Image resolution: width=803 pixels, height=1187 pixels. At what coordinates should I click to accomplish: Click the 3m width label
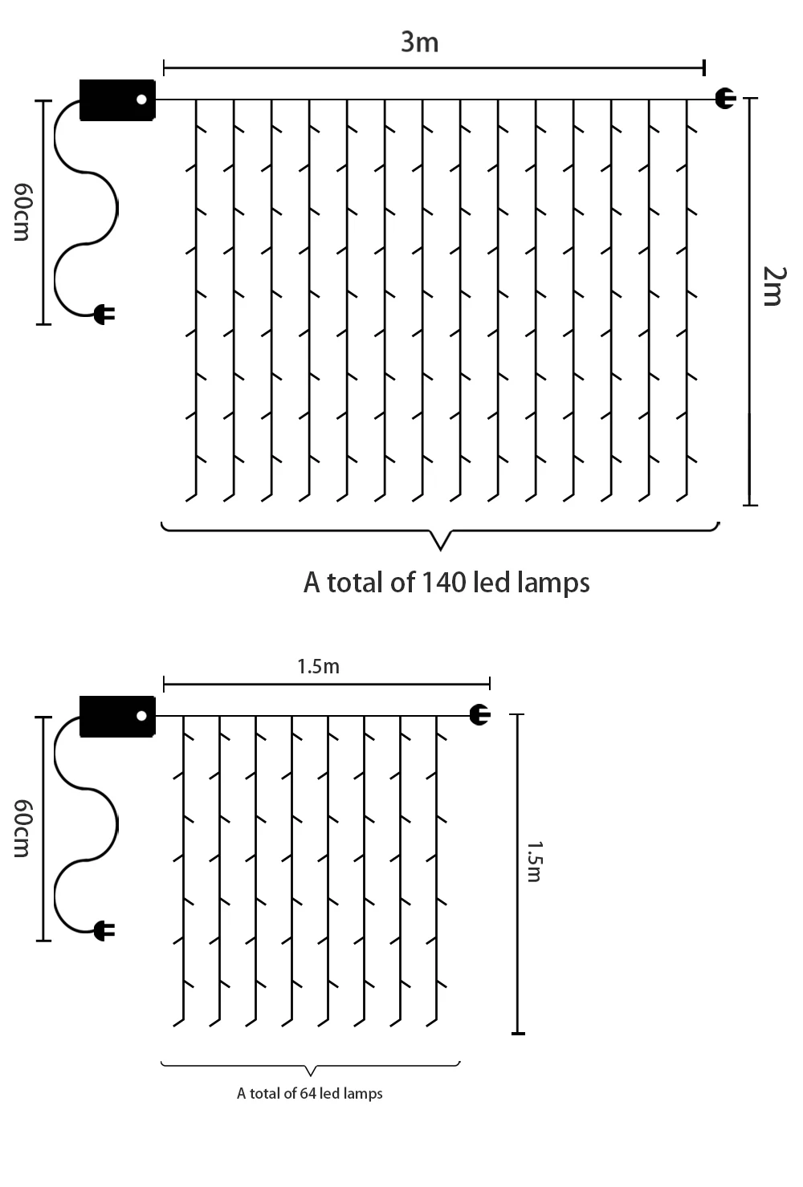420,42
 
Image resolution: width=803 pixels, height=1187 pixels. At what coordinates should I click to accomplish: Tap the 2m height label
772,286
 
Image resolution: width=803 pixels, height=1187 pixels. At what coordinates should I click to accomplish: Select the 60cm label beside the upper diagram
22,211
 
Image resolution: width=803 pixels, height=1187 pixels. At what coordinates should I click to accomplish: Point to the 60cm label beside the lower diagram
22,827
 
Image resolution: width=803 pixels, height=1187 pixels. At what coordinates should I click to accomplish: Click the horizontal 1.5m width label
318,666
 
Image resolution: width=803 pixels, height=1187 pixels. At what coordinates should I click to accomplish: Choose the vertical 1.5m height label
534,861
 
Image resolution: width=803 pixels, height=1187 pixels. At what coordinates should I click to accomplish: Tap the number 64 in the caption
308,1093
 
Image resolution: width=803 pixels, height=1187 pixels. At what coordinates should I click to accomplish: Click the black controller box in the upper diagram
117,100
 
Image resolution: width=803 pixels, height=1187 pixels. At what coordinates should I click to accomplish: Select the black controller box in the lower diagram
117,716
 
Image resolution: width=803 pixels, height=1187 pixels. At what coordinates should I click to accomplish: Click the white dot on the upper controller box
142,100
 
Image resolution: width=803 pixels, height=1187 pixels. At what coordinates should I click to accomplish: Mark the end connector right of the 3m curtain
725,99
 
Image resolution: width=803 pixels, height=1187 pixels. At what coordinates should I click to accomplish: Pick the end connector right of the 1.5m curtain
479,714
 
